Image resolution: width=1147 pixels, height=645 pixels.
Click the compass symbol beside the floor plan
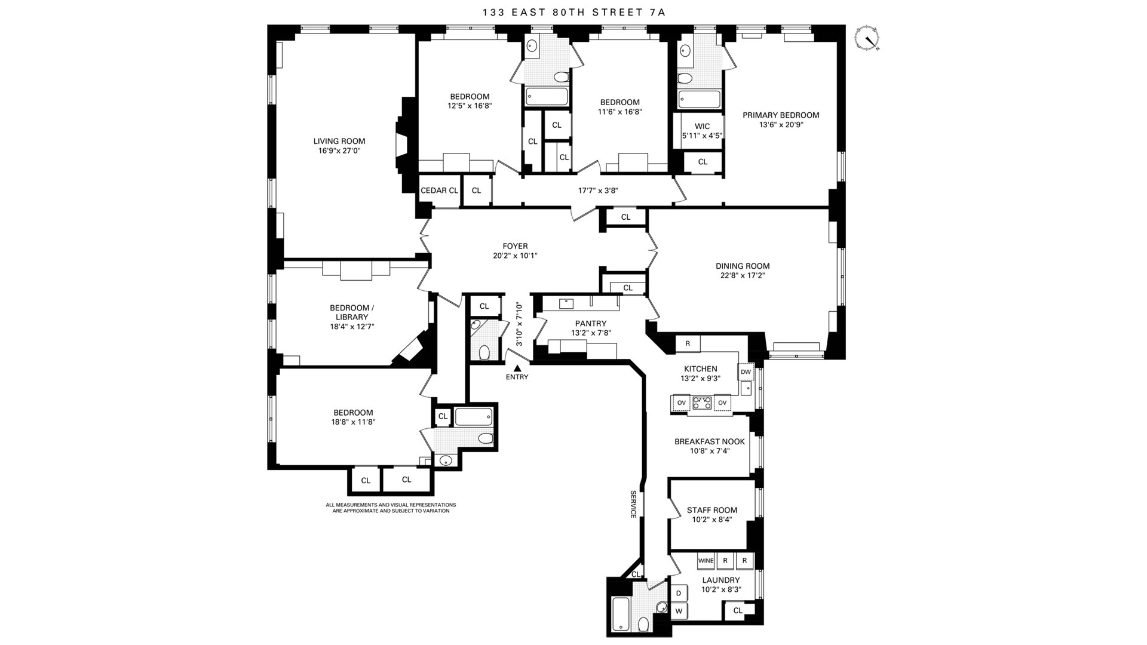pos(867,38)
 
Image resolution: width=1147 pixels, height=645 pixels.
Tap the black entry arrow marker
pos(517,369)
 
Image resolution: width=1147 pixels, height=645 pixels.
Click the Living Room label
pos(339,142)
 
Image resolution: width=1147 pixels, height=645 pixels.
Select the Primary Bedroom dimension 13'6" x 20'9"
pos(781,125)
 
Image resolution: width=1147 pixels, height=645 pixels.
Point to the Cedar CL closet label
pos(439,191)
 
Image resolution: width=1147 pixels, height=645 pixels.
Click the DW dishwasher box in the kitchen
pos(746,371)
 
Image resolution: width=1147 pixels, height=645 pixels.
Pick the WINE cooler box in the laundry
pos(706,561)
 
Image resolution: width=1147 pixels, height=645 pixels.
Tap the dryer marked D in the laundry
pos(679,593)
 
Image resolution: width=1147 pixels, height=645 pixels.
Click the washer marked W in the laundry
pos(679,611)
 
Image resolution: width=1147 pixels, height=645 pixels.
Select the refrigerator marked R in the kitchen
pos(688,343)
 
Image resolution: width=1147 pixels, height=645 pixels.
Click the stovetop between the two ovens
pos(702,403)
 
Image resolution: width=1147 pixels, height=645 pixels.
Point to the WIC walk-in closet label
pos(703,127)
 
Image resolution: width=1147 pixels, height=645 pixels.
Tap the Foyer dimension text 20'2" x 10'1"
pos(515,256)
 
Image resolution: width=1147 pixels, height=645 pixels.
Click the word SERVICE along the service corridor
pos(633,504)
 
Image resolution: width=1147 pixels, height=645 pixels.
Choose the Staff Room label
pos(712,510)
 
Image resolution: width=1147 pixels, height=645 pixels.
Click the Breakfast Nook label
pos(710,442)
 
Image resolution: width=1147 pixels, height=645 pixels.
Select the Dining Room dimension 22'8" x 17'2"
pos(743,276)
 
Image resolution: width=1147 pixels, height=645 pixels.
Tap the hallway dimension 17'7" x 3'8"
pos(597,191)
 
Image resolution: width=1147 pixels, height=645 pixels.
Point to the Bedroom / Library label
pos(352,312)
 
